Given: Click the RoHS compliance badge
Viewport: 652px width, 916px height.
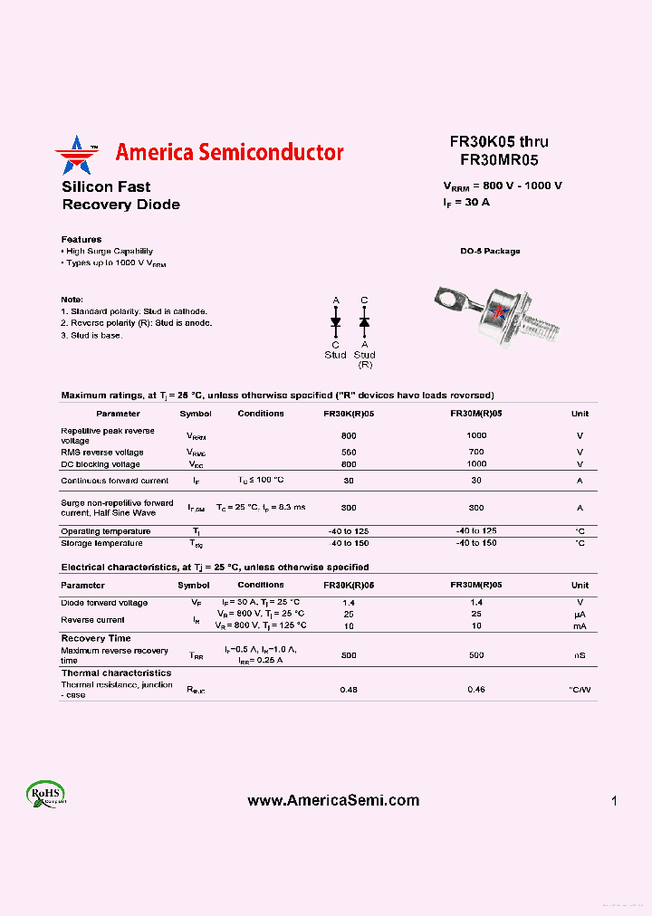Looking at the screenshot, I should [x=45, y=794].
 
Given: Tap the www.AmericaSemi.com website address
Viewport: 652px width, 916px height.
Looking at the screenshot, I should [x=333, y=800].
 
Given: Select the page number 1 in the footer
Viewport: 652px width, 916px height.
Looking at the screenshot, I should [x=614, y=801].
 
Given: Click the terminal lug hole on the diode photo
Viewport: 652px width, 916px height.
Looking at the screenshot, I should [x=446, y=294].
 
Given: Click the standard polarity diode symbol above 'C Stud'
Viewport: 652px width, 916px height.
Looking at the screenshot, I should [x=336, y=321].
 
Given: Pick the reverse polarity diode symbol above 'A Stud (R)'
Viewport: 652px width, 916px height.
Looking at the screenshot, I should [x=365, y=321].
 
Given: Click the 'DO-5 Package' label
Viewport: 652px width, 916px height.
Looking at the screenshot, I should [x=490, y=252].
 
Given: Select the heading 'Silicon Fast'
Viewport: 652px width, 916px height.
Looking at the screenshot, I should [x=106, y=187].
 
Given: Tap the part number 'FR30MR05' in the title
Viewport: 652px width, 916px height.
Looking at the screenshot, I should [x=499, y=160].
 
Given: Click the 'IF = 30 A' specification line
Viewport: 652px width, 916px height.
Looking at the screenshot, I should [x=466, y=202].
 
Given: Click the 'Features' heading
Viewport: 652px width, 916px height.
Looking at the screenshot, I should [x=81, y=240].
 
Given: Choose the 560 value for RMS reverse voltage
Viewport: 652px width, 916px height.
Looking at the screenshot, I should [x=349, y=452].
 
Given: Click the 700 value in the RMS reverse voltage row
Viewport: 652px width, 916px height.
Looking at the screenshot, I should [x=476, y=452].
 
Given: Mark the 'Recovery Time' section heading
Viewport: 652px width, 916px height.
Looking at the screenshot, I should [x=96, y=638].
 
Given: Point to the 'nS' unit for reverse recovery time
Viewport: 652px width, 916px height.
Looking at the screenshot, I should [x=580, y=655].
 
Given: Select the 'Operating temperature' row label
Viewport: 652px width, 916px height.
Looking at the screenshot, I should [x=106, y=531].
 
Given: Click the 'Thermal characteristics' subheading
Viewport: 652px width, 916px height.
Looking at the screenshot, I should [x=116, y=673].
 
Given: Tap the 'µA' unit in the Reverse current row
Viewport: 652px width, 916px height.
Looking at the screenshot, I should [x=580, y=614].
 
